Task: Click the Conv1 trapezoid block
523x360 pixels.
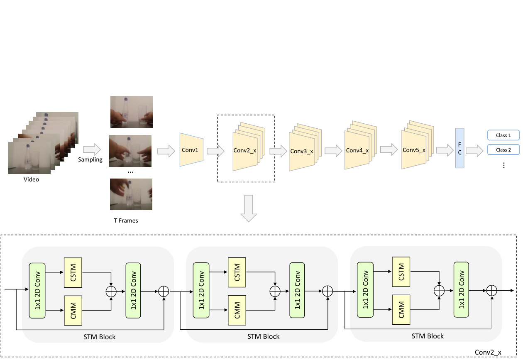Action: coord(191,149)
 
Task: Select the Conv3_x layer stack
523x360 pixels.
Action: coord(302,150)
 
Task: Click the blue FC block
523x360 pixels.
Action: coord(459,148)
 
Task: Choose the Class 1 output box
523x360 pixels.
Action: coord(503,135)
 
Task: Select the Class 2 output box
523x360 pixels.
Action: coord(503,150)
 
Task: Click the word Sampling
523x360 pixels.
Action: coord(90,159)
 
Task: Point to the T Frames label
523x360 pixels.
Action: coord(126,220)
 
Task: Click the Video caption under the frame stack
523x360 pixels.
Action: coord(31,179)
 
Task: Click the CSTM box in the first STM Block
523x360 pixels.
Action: coord(73,272)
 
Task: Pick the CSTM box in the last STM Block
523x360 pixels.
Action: coord(401,272)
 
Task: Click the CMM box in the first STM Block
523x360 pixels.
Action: coord(73,310)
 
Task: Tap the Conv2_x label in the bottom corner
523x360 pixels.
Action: coord(488,353)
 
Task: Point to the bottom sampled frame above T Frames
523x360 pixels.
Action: coord(131,194)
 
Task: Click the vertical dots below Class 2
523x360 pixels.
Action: coord(503,165)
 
